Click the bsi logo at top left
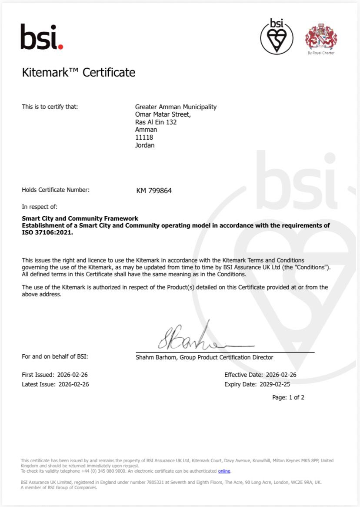[42, 37]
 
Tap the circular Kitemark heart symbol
[277, 37]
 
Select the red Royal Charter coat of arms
[321, 37]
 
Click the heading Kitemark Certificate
[79, 72]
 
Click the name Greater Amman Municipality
[176, 107]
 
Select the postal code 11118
[144, 138]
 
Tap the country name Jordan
[145, 145]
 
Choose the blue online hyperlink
[224, 471]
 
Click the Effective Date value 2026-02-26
[280, 375]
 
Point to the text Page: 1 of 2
[288, 397]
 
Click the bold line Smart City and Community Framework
[80, 218]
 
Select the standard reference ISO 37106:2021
[47, 232]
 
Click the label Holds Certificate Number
[56, 190]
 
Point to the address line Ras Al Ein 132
[156, 122]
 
